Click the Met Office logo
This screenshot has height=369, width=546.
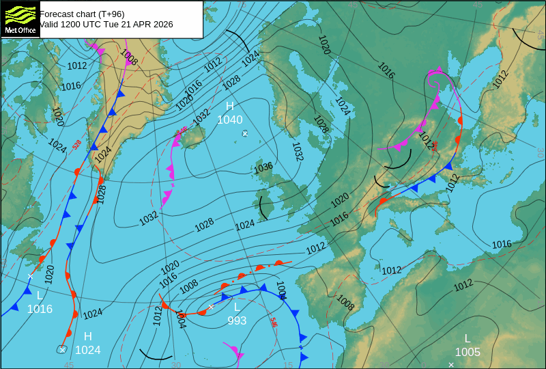pyautogui.click(x=19, y=18)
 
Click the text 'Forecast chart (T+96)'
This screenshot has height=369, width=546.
pyautogui.click(x=82, y=14)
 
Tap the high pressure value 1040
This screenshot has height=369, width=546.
pyautogui.click(x=230, y=120)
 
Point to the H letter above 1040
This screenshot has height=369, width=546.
pyautogui.click(x=230, y=106)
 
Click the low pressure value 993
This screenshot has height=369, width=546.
pyautogui.click(x=237, y=320)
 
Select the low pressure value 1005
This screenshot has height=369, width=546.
pyautogui.click(x=468, y=352)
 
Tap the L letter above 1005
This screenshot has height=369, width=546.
pyautogui.click(x=468, y=338)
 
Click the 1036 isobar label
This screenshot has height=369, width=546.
pyautogui.click(x=263, y=167)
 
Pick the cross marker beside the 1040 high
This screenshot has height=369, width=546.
pyautogui.click(x=245, y=133)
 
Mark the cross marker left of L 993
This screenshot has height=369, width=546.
pyautogui.click(x=211, y=307)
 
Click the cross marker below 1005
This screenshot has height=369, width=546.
pyautogui.click(x=451, y=364)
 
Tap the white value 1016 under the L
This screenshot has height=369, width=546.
pyautogui.click(x=40, y=309)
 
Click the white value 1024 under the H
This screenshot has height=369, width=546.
pyautogui.click(x=88, y=350)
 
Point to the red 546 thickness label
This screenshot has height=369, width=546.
pyautogui.click(x=274, y=322)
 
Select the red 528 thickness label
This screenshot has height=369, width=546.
pyautogui.click(x=77, y=144)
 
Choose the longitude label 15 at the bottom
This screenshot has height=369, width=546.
pyautogui.click(x=288, y=365)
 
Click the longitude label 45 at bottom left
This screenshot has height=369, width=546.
pyautogui.click(x=68, y=365)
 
